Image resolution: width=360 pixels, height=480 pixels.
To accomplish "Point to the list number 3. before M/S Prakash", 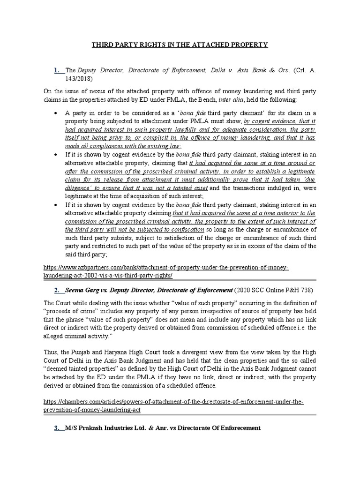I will (59, 428).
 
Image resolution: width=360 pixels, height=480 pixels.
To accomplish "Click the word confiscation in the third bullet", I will (183, 230).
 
